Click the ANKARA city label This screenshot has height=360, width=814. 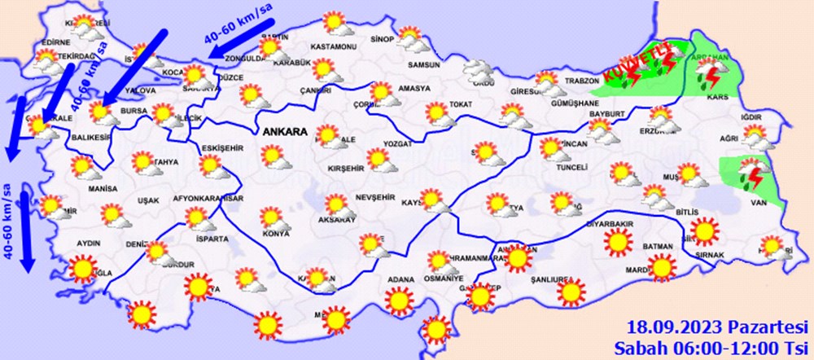point(284,131)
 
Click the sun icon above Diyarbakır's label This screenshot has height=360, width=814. point(619,241)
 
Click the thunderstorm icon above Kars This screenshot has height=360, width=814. point(711,77)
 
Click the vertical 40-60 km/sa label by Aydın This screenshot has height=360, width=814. point(7,220)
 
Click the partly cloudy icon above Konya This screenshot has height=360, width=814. point(271,217)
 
